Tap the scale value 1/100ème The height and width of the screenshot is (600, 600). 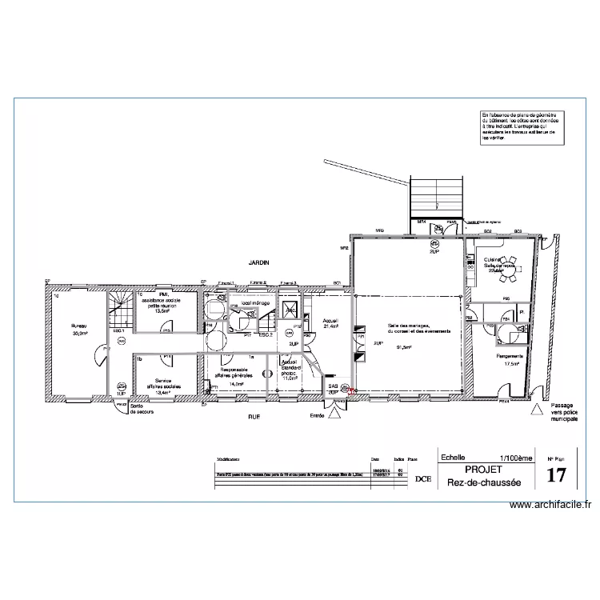(x=514, y=458)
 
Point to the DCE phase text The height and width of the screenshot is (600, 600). (x=422, y=478)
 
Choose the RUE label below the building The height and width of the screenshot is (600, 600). (x=255, y=417)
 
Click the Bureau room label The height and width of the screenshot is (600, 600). (x=78, y=326)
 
